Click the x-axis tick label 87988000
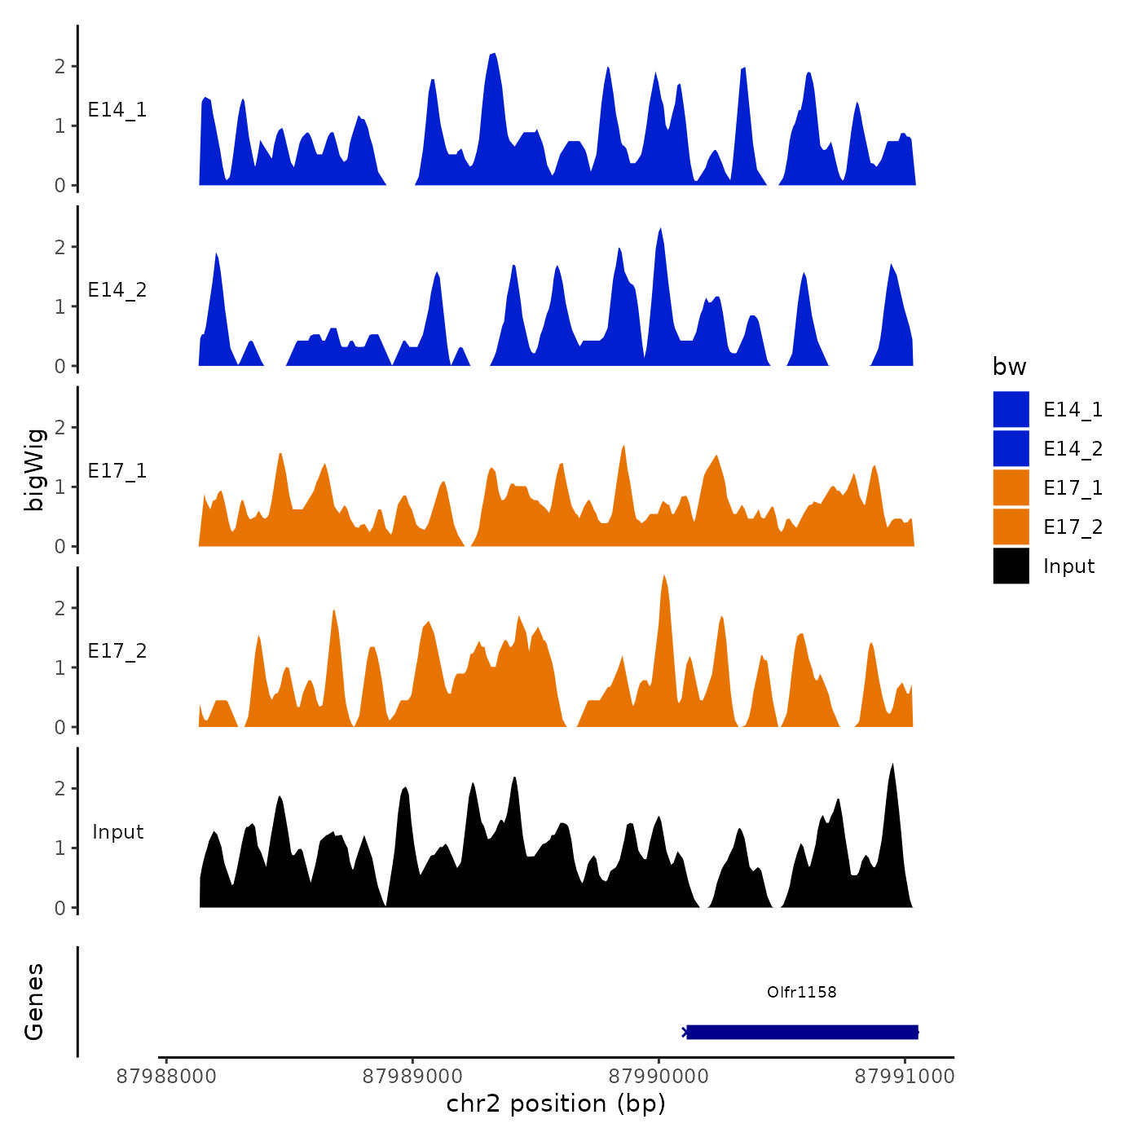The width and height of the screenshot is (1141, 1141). pyautogui.click(x=166, y=1076)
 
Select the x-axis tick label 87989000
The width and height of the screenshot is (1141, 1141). pyautogui.click(x=412, y=1076)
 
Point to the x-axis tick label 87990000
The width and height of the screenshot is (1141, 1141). pyautogui.click(x=659, y=1076)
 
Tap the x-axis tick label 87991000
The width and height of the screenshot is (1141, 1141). pyautogui.click(x=904, y=1076)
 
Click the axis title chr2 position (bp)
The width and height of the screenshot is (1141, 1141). pyautogui.click(x=556, y=1104)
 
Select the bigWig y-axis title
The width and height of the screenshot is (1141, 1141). pyautogui.click(x=34, y=469)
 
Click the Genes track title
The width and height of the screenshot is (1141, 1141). pyautogui.click(x=34, y=1002)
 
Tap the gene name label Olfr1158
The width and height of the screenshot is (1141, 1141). pyautogui.click(x=801, y=992)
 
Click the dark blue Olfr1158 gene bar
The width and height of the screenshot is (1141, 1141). pyautogui.click(x=802, y=1032)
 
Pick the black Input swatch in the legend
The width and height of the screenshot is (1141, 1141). pyautogui.click(x=1011, y=566)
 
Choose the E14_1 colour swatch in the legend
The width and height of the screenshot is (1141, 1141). pyautogui.click(x=1011, y=409)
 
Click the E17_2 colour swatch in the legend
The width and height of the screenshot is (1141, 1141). pyautogui.click(x=1011, y=526)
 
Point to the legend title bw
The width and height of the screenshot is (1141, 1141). pyautogui.click(x=1009, y=367)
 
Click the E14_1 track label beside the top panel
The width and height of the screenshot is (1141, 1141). pyautogui.click(x=117, y=110)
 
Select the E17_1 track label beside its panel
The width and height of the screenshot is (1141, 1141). pyautogui.click(x=117, y=471)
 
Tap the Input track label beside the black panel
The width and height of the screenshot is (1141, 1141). pyautogui.click(x=117, y=832)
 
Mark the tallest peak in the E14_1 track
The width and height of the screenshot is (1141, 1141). pyautogui.click(x=494, y=55)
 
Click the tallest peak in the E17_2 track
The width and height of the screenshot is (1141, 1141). pyautogui.click(x=664, y=577)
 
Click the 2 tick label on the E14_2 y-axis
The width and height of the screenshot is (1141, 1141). pyautogui.click(x=60, y=247)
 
